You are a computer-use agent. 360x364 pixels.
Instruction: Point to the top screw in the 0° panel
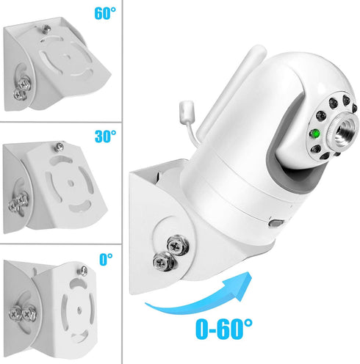click(x=84, y=271)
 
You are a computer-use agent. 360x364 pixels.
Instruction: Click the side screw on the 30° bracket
click(x=15, y=198)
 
